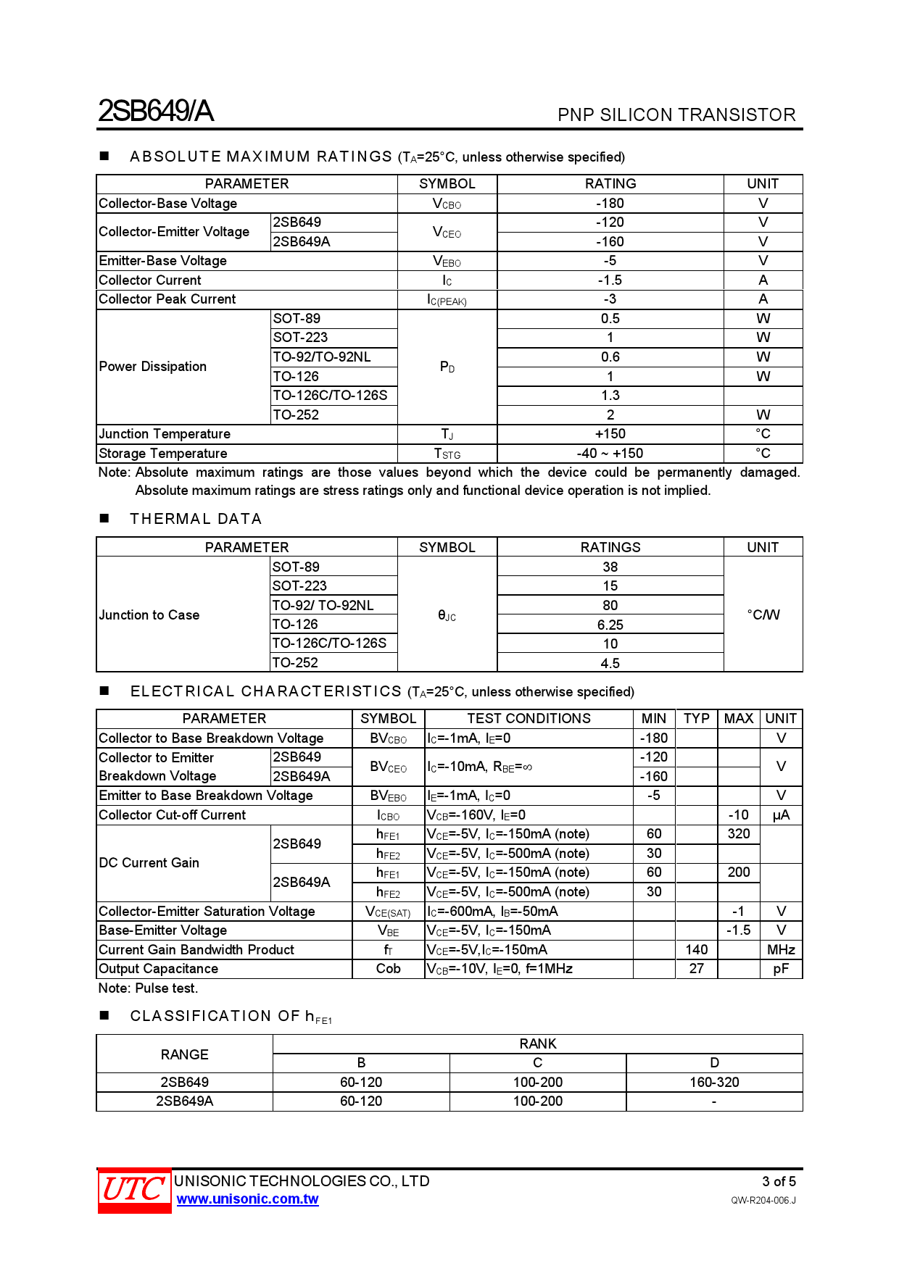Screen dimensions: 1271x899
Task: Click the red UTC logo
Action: point(134,1190)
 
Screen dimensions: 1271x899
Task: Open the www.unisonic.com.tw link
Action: point(247,1199)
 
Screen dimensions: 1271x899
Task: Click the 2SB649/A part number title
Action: point(156,111)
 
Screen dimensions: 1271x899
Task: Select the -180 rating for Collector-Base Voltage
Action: point(610,204)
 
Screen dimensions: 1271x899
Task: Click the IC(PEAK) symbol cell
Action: point(447,300)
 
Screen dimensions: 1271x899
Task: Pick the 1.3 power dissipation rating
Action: point(610,396)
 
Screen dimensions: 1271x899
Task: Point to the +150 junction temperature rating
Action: point(610,434)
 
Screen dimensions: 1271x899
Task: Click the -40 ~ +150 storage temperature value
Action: point(610,454)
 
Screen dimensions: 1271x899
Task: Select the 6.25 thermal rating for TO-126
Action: point(610,625)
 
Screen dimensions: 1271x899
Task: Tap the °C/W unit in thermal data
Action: point(763,614)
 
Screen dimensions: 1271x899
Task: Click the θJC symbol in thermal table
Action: point(447,615)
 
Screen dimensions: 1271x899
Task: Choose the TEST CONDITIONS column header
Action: point(529,719)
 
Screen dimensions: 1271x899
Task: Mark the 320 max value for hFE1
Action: point(738,834)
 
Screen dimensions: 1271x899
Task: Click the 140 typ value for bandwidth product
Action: point(696,950)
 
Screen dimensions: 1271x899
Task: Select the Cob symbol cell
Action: point(388,969)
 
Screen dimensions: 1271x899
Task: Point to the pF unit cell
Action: point(781,969)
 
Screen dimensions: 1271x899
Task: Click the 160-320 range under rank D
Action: point(714,1083)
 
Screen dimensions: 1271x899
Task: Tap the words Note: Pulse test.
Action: point(148,988)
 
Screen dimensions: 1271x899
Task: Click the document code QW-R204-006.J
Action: point(763,1201)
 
